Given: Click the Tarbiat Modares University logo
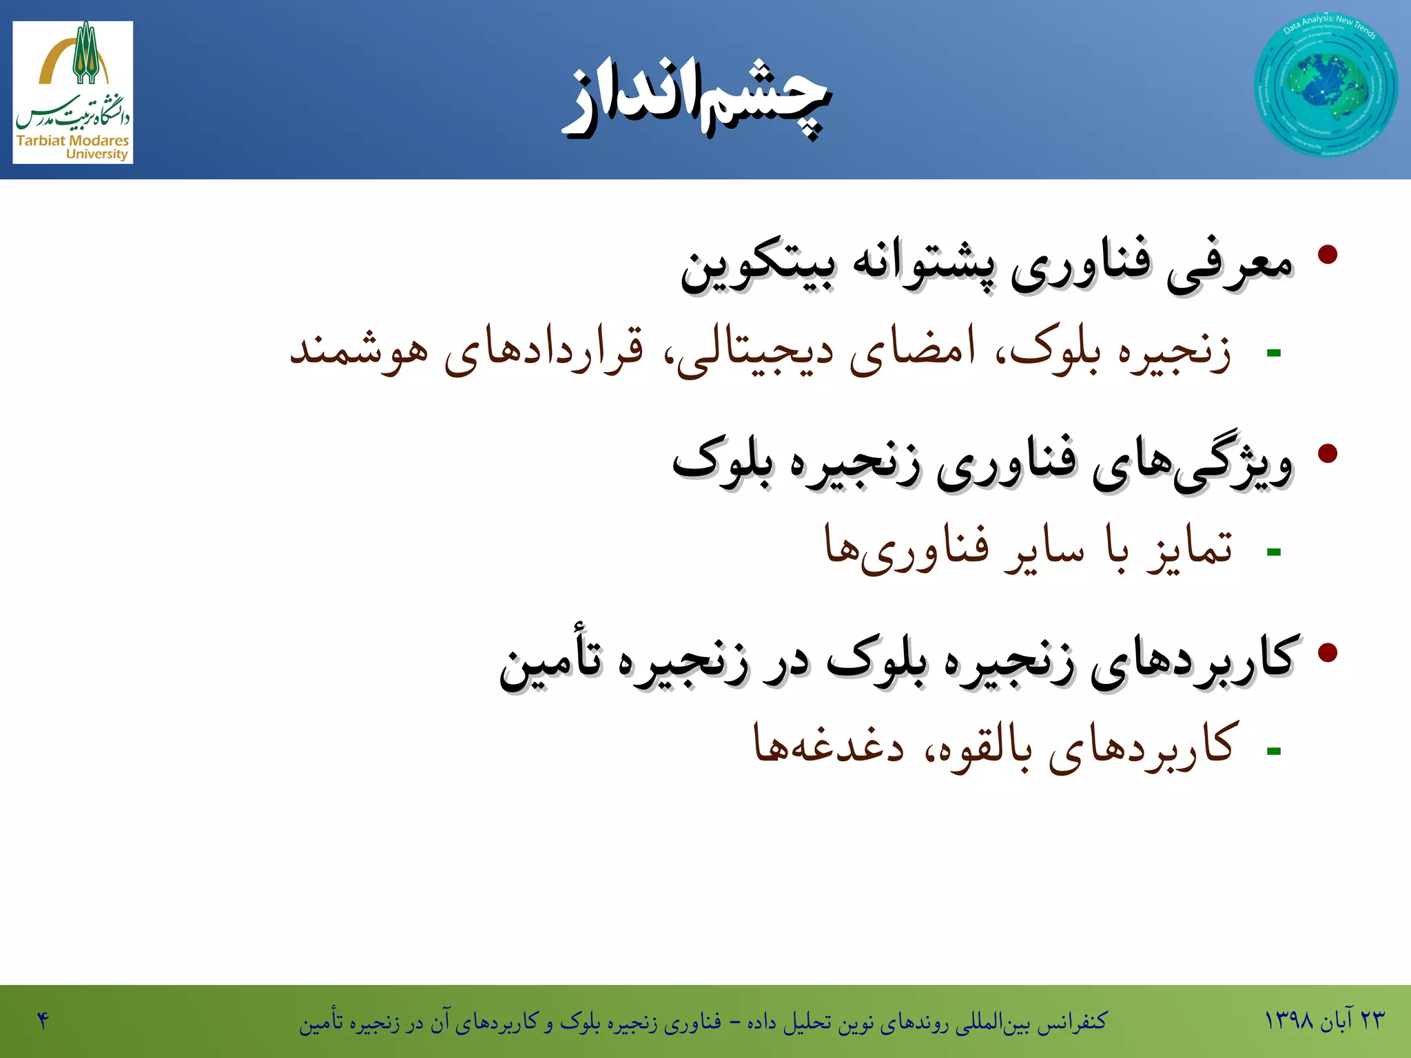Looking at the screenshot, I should pyautogui.click(x=73, y=92).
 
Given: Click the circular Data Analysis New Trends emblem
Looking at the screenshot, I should pyautogui.click(x=1326, y=85).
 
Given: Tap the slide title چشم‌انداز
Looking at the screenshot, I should pyautogui.click(x=697, y=99).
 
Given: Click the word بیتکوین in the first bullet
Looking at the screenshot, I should pyautogui.click(x=758, y=267).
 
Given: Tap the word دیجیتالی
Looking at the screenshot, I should pyautogui.click(x=755, y=351).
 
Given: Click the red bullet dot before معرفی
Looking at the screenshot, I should pyautogui.click(x=1327, y=254).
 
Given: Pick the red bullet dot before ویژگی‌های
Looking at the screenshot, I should pyautogui.click(x=1327, y=453).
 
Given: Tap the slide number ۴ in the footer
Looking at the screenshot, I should pyautogui.click(x=43, y=1020).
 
